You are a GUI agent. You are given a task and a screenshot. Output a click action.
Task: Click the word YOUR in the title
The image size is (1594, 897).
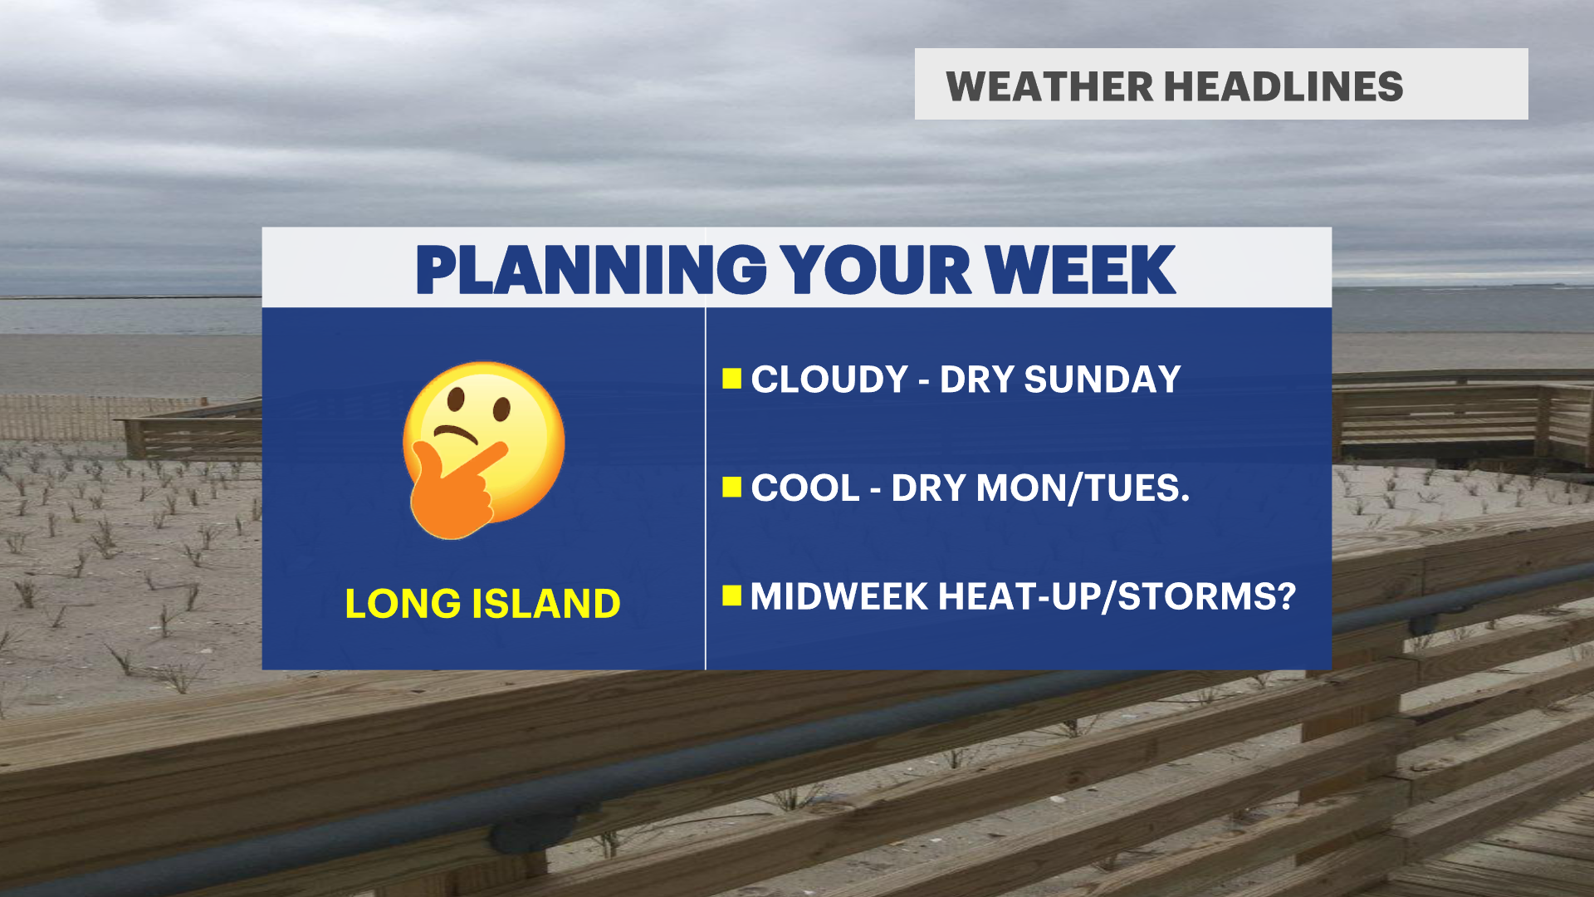point(877,270)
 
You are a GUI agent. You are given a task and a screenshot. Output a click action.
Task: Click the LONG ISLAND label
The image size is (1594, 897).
point(482,604)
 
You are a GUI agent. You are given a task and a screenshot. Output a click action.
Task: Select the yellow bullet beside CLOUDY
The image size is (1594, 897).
point(731,379)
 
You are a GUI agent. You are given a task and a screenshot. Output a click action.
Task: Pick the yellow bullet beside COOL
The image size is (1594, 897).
point(731,487)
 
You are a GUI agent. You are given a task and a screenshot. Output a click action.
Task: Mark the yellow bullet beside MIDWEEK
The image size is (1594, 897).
point(731,596)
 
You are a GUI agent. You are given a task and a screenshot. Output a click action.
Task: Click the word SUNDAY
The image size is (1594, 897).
point(1102,380)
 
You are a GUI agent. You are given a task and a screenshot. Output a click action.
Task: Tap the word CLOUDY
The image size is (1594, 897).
point(829,380)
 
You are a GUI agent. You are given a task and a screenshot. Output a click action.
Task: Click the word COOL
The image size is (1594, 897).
point(805,488)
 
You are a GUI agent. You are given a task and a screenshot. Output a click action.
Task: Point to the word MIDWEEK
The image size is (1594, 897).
point(839,596)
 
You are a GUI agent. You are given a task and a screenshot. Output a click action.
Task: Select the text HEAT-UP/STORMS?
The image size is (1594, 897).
point(1117,596)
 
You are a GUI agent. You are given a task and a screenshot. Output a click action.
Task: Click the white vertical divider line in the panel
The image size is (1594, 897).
point(706,488)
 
